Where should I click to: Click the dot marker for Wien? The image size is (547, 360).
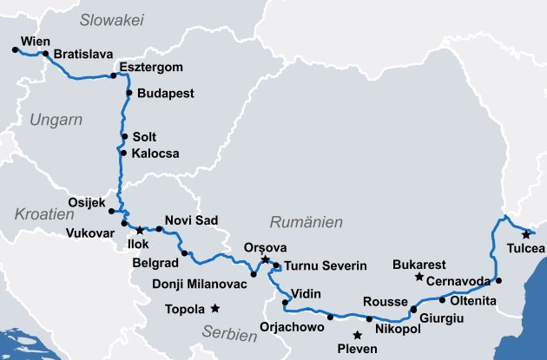pos(16,50)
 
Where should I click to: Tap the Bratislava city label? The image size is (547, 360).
pos(83,54)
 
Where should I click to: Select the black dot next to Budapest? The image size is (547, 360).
pos(129,93)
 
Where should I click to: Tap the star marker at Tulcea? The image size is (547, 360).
pos(525,234)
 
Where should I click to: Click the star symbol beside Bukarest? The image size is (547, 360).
pos(419,278)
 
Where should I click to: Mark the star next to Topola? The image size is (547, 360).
pos(214,308)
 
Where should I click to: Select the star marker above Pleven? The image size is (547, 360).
pos(357,335)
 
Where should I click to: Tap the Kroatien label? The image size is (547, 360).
pos(42,213)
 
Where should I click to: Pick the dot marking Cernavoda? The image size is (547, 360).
pos(498,280)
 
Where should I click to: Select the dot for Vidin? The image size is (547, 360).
pos(286,302)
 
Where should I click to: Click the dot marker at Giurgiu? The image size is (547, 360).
pos(413,309)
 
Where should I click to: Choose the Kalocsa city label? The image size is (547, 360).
pos(155,154)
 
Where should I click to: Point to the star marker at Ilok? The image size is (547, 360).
pos(140,231)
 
